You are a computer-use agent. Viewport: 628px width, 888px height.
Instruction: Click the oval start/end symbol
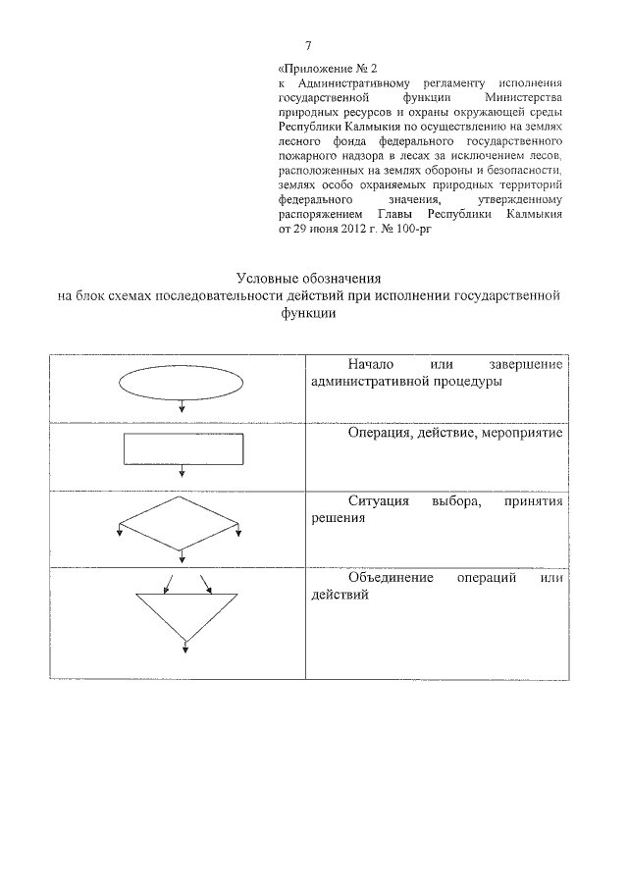coord(183,385)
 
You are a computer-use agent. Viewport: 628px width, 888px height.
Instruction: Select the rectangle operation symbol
coord(183,448)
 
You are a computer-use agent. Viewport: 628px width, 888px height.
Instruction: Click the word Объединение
coord(391,578)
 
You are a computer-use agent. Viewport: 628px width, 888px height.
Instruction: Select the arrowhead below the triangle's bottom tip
coord(185,646)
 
